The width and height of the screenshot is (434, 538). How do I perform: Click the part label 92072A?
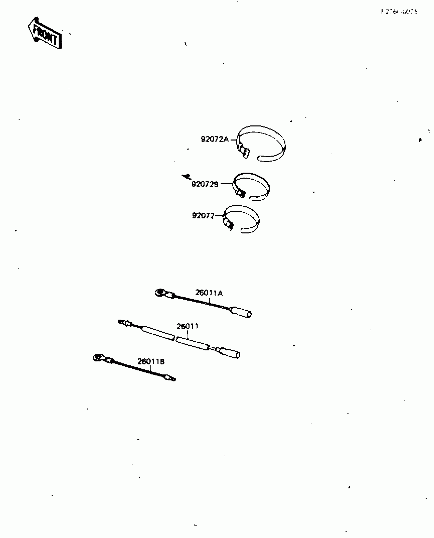point(215,139)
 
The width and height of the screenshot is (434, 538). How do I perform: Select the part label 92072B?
point(205,184)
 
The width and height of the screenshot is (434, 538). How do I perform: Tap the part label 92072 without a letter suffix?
point(203,216)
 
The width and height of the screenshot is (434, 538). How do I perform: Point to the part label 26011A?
point(209,293)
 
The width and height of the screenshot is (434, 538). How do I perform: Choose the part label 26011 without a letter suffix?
point(188,326)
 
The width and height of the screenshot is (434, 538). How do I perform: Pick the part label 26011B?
point(151,361)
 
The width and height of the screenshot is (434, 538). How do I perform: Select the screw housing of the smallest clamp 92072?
point(229,224)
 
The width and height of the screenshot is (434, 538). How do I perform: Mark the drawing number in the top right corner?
point(399,12)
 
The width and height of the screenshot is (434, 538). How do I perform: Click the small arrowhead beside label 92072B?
point(186,176)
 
